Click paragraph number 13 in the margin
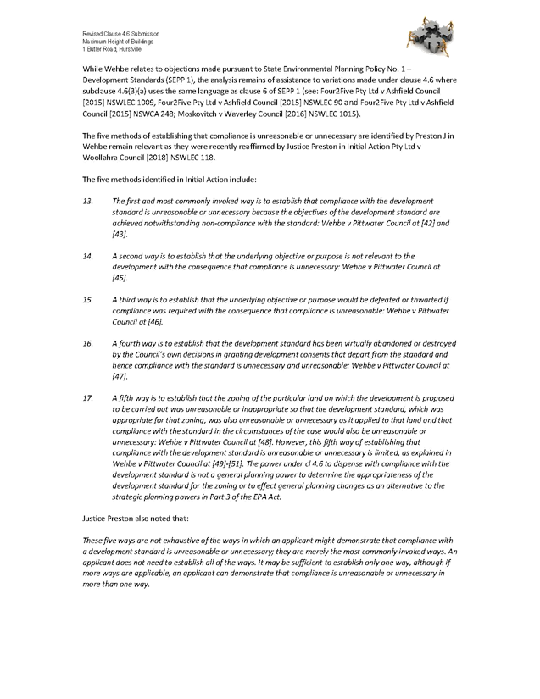tap(87, 199)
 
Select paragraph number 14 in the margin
tap(87, 254)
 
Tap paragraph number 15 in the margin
tap(87, 299)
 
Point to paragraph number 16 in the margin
tap(87, 342)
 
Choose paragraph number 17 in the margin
tap(87, 397)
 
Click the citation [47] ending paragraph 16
tap(120, 375)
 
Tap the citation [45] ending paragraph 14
tap(120, 277)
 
